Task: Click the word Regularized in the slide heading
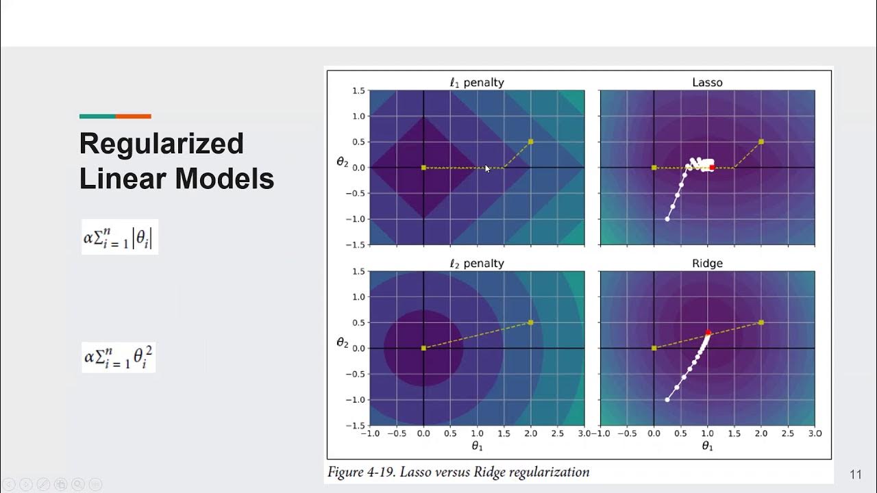(x=161, y=144)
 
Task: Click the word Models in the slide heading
(x=225, y=179)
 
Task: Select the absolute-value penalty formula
(x=120, y=237)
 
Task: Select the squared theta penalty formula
(x=119, y=357)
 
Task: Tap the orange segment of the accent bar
(x=133, y=116)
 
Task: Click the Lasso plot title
(x=707, y=82)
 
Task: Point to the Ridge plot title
(x=707, y=264)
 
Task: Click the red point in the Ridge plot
(x=708, y=333)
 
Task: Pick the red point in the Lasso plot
(x=712, y=167)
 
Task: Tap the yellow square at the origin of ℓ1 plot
(x=423, y=168)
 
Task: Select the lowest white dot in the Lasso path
(x=667, y=219)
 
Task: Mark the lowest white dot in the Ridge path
(x=667, y=400)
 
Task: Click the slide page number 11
(x=855, y=475)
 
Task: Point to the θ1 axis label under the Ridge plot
(x=707, y=446)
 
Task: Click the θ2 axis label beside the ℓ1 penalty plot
(x=342, y=162)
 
